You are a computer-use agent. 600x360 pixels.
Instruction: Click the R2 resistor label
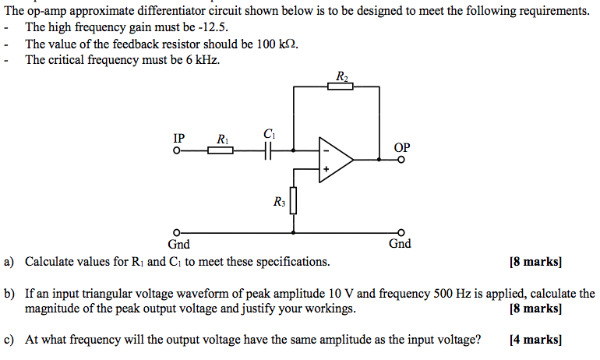pos(341,76)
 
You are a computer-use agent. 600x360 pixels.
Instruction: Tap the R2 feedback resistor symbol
pos(340,86)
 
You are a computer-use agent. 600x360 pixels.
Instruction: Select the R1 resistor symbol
pos(221,150)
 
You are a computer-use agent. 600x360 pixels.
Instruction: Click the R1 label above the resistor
pos(222,139)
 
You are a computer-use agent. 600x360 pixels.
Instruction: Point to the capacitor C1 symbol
pos(270,150)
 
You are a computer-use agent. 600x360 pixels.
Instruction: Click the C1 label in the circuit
pos(270,134)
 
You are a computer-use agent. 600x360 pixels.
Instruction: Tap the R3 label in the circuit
pos(280,203)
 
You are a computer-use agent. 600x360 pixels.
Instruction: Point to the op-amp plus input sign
pos(326,168)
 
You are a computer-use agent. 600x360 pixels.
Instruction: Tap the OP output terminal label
pos(402,147)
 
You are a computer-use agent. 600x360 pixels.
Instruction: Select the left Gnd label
pos(179,244)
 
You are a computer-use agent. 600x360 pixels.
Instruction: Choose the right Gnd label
pos(400,244)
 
